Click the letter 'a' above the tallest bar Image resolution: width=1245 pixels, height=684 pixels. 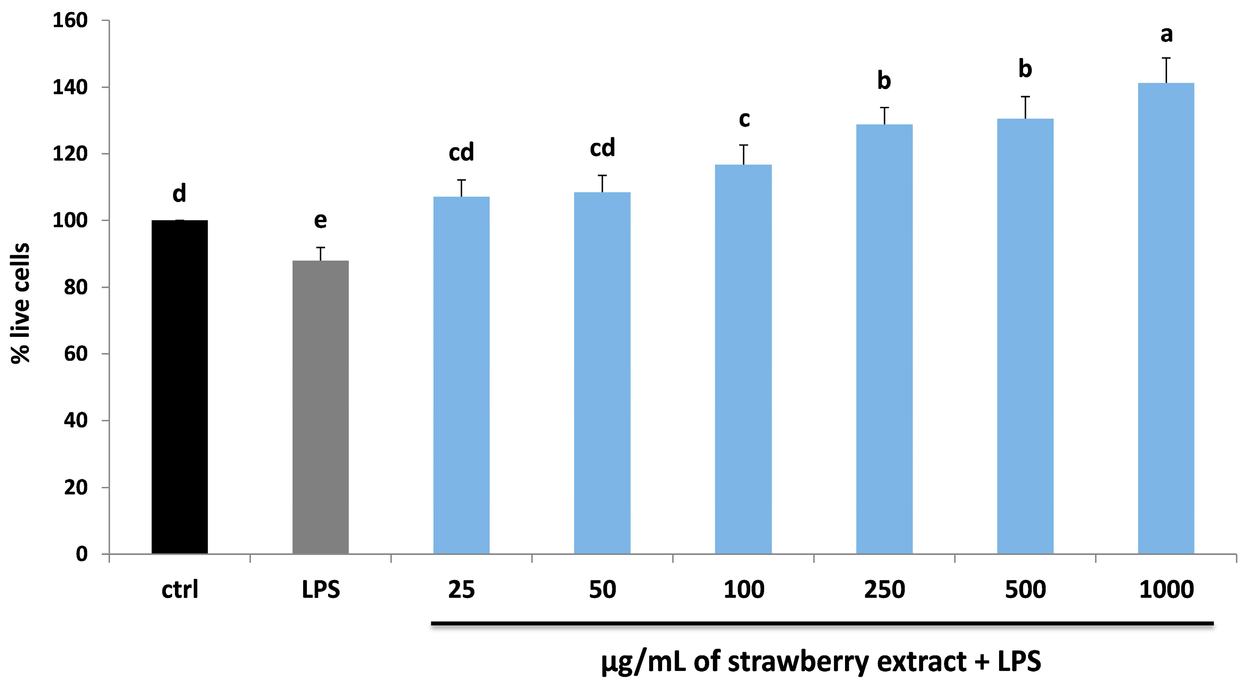pyautogui.click(x=1166, y=34)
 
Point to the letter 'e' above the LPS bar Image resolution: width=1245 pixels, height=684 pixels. pyautogui.click(x=320, y=221)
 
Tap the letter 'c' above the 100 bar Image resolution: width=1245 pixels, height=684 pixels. pyautogui.click(x=744, y=119)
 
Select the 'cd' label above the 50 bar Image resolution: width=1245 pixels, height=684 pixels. pyautogui.click(x=602, y=148)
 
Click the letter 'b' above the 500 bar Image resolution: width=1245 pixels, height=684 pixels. pyautogui.click(x=1025, y=69)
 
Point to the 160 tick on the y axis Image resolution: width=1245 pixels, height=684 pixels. pyautogui.click(x=70, y=21)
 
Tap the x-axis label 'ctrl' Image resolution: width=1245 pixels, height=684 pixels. pyautogui.click(x=180, y=590)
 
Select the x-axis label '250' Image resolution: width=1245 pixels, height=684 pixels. pyautogui.click(x=884, y=590)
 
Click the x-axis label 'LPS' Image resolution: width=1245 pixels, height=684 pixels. pyautogui.click(x=320, y=590)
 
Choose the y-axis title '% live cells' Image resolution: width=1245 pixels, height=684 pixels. pyautogui.click(x=21, y=303)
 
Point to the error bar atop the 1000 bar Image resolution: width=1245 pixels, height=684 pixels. pyautogui.click(x=1166, y=70)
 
